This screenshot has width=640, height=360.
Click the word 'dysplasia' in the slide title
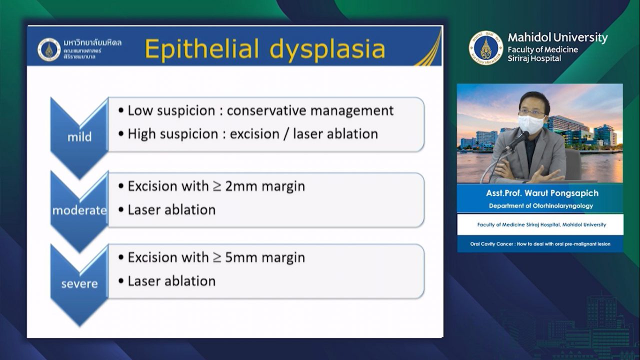327,49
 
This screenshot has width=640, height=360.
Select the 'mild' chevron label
79,137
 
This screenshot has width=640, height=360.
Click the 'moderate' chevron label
79,210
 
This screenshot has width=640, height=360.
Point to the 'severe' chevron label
79,283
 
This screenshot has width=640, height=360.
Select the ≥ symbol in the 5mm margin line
217,257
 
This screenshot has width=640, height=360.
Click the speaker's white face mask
531,124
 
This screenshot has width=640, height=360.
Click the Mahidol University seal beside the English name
485,47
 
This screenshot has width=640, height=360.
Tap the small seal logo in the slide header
49,49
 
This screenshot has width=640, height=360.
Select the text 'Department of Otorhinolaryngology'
541,205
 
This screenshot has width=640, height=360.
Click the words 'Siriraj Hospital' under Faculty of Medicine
534,58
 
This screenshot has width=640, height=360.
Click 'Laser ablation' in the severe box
171,281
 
